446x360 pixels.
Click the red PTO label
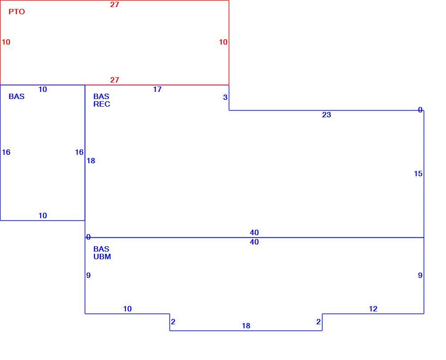pyautogui.click(x=17, y=12)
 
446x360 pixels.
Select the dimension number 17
pyautogui.click(x=157, y=89)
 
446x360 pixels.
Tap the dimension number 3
pyautogui.click(x=225, y=97)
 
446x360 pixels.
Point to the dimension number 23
pyautogui.click(x=326, y=115)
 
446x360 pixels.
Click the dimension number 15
pyautogui.click(x=418, y=174)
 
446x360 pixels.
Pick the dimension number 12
pyautogui.click(x=373, y=309)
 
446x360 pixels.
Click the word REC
pyautogui.click(x=102, y=104)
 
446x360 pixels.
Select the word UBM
pyautogui.click(x=102, y=257)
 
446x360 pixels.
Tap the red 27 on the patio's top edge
pyautogui.click(x=115, y=4)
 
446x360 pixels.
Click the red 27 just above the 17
pyautogui.click(x=115, y=80)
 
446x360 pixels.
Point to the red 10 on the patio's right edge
pyautogui.click(x=223, y=42)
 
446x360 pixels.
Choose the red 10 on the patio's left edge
pyautogui.click(x=6, y=42)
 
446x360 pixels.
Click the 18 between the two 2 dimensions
pyautogui.click(x=246, y=326)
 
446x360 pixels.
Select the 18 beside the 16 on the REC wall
pyautogui.click(x=91, y=161)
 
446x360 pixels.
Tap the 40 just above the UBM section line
pyautogui.click(x=254, y=232)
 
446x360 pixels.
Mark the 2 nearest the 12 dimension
pyautogui.click(x=318, y=322)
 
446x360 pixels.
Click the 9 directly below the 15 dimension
pyautogui.click(x=420, y=275)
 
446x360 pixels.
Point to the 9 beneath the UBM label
pyautogui.click(x=88, y=275)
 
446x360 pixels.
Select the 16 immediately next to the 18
pyautogui.click(x=79, y=152)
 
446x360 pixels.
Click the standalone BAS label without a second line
pyautogui.click(x=17, y=96)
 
